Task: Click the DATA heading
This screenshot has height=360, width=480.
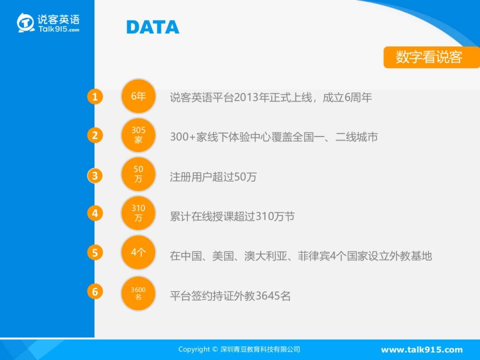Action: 153,27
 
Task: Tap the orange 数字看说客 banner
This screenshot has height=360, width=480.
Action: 431,57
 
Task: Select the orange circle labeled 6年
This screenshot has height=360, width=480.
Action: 138,96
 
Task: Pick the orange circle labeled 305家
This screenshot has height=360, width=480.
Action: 138,135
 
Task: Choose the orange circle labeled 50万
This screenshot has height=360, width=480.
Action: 138,174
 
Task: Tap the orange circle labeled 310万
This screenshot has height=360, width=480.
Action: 138,213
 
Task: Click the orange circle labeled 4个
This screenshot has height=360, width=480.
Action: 138,252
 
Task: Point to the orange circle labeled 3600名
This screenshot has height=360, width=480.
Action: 138,293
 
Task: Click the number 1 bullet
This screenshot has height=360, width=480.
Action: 95,97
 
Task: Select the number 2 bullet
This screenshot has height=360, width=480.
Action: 95,136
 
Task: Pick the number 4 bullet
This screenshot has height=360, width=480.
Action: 95,214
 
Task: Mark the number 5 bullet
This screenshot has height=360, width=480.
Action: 95,253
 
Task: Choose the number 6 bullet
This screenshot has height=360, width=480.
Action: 95,292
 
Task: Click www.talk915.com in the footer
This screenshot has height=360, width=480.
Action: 422,350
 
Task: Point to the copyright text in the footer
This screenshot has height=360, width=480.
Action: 239,350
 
